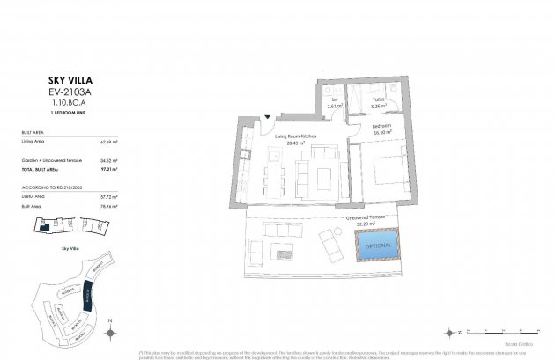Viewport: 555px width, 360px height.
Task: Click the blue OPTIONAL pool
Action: [377, 245]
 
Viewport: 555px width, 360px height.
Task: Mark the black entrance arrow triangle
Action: [268, 114]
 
